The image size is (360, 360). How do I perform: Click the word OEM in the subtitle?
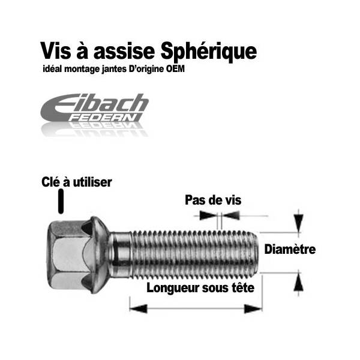pyautogui.click(x=176, y=69)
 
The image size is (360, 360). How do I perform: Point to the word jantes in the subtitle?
pyautogui.click(x=107, y=70)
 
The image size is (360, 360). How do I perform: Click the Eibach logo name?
pyautogui.click(x=96, y=104)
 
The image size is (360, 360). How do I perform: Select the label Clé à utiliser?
pyautogui.click(x=76, y=182)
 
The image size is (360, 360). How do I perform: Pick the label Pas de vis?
pyautogui.click(x=213, y=200)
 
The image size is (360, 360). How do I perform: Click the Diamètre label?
pyautogui.click(x=290, y=250)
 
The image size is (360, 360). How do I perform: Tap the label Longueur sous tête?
pyautogui.click(x=200, y=287)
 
